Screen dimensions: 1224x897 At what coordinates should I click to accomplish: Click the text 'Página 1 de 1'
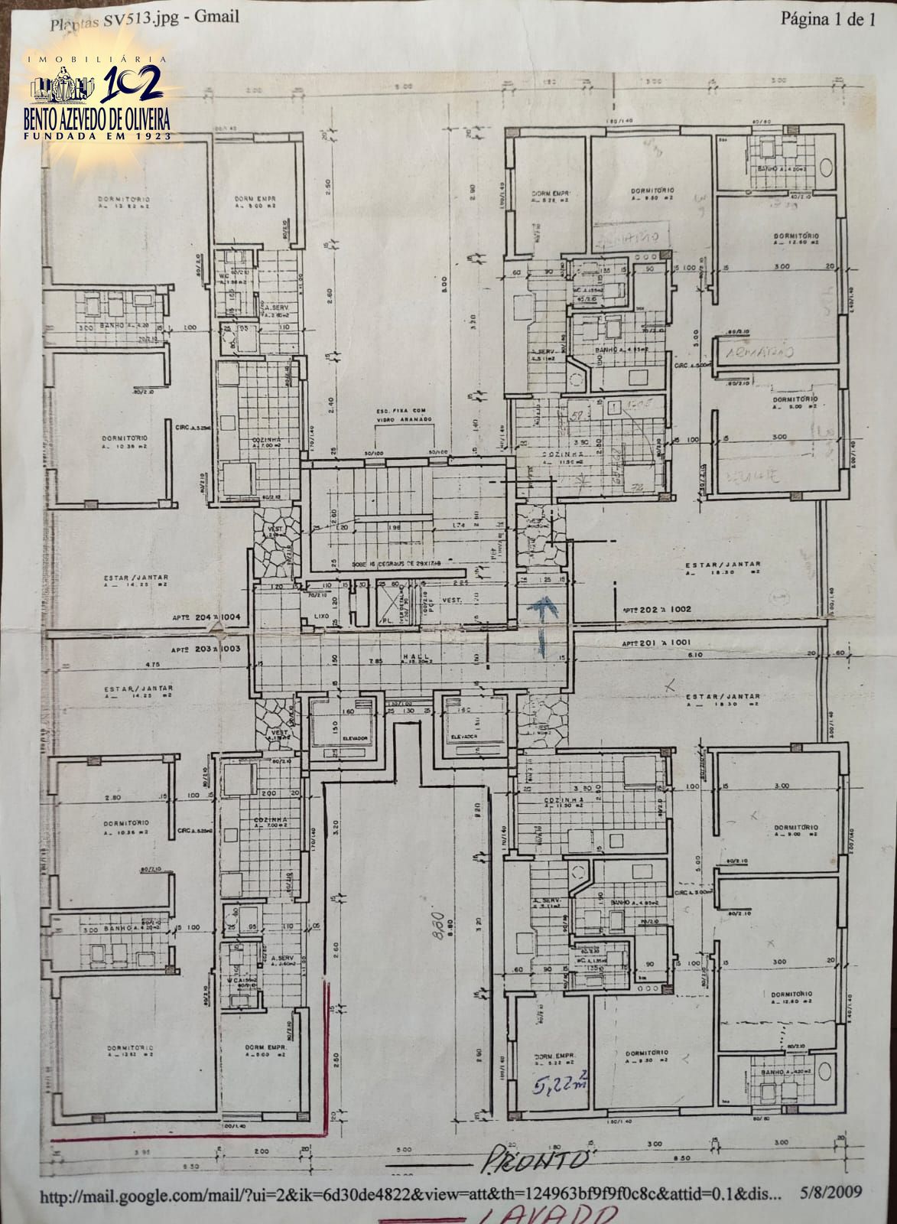(x=827, y=21)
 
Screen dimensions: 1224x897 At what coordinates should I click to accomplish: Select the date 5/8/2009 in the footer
(x=830, y=1191)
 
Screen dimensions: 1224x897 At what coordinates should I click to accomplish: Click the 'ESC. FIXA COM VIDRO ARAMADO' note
(x=404, y=417)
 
